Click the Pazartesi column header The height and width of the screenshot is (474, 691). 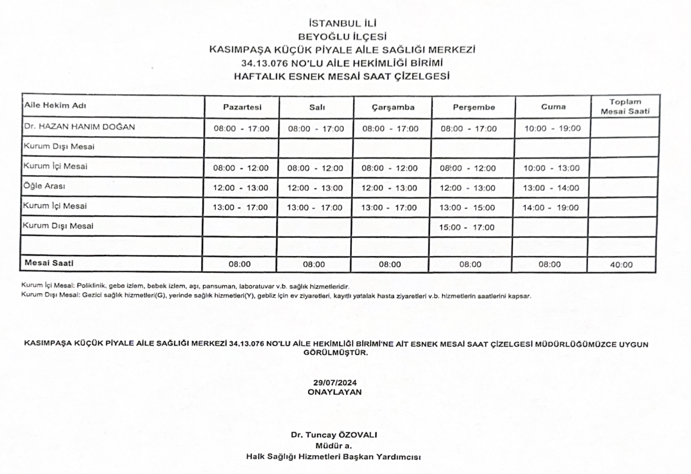coord(242,107)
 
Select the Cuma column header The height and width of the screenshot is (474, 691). coord(553,107)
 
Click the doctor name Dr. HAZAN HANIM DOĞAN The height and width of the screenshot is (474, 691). coord(79,127)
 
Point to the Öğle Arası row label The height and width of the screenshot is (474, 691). coord(44,187)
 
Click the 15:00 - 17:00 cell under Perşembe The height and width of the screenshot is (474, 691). coord(468,228)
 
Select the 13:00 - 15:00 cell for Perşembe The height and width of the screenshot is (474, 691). coord(468,207)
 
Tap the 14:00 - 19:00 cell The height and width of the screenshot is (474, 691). coord(551,207)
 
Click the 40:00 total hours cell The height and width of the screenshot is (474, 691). coord(621,265)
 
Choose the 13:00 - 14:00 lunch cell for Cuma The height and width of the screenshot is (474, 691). coord(551,188)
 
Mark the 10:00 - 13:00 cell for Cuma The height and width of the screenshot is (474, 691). coord(551,168)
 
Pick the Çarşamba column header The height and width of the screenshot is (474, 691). coord(393,107)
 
